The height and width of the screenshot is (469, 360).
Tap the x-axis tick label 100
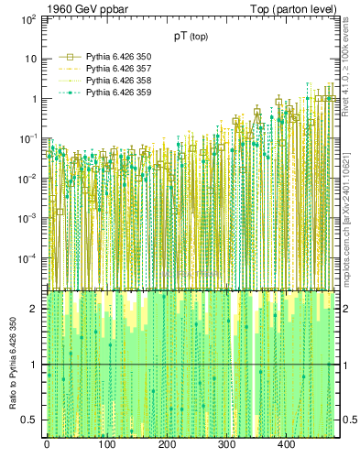pos(106,444)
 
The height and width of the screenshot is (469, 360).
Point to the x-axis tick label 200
pos(167,444)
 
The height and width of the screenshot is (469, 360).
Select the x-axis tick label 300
pos(226,444)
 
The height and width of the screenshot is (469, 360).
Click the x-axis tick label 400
pos(286,444)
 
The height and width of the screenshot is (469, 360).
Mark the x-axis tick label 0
pos(47,444)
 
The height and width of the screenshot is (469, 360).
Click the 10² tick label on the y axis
pos(28,18)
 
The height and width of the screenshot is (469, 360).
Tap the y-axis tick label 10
pos(30,59)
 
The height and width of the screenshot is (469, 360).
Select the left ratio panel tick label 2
pos(37,309)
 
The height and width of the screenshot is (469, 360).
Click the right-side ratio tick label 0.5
pos(348,420)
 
